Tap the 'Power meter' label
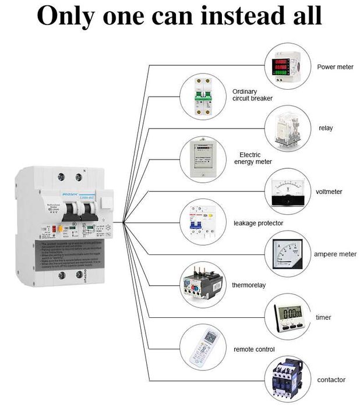335,67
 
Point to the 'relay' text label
326,128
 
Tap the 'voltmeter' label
329,192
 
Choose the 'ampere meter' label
335,254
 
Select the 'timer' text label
323,317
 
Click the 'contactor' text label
331,380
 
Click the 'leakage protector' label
258,223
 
